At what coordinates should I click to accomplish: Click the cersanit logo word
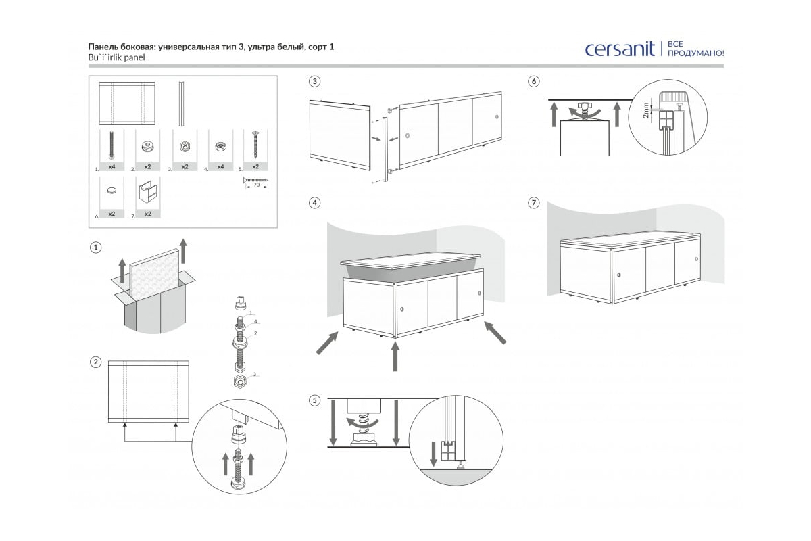[x=620, y=49]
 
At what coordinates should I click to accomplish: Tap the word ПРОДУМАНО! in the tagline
[x=695, y=53]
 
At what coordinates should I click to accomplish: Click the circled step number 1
[x=96, y=248]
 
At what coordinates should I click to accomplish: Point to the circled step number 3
[x=314, y=81]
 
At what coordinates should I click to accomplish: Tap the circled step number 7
[x=534, y=203]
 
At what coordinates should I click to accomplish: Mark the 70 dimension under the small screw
[x=255, y=184]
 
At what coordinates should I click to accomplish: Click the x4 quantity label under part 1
[x=111, y=166]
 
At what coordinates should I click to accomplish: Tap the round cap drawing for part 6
[x=112, y=191]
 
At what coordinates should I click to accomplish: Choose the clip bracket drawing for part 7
[x=147, y=194]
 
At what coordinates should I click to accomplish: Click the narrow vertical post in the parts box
[x=181, y=103]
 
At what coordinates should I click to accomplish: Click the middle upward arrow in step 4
[x=395, y=356]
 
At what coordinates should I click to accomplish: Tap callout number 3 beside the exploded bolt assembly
[x=254, y=373]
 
